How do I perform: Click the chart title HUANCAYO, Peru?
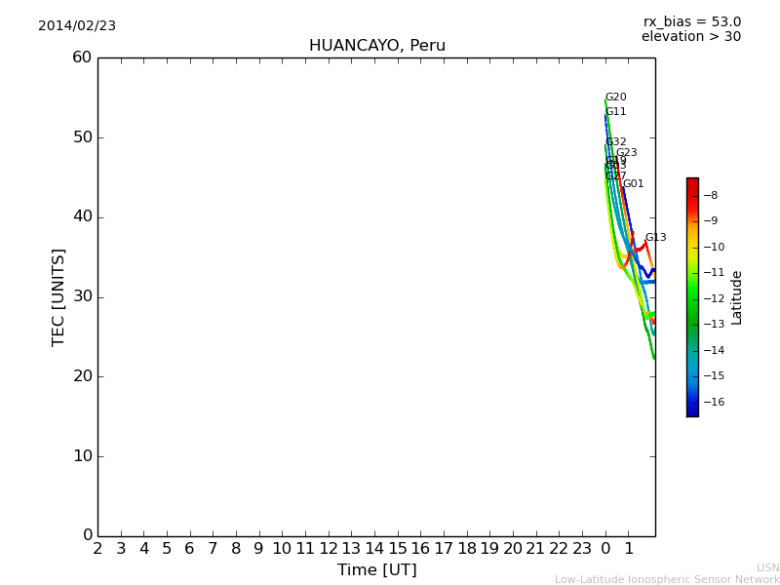pyautogui.click(x=376, y=46)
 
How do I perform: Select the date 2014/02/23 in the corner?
pyautogui.click(x=77, y=26)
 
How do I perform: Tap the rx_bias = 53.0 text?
pyautogui.click(x=691, y=21)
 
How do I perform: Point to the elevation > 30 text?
pyautogui.click(x=690, y=37)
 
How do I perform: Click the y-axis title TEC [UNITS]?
pyautogui.click(x=58, y=296)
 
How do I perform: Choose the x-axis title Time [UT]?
pyautogui.click(x=376, y=570)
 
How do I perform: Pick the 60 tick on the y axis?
pyautogui.click(x=82, y=58)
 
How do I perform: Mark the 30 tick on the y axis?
pyautogui.click(x=82, y=296)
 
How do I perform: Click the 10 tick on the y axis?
pyautogui.click(x=82, y=456)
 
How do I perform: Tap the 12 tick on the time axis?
pyautogui.click(x=328, y=549)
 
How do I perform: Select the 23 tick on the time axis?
pyautogui.click(x=582, y=549)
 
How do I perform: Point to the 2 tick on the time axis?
pyautogui.click(x=97, y=549)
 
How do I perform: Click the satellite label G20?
pyautogui.click(x=615, y=97)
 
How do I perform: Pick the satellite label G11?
pyautogui.click(x=615, y=112)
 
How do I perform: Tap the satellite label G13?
pyautogui.click(x=655, y=238)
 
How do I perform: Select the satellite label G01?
pyautogui.click(x=633, y=184)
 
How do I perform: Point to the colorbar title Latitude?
pyautogui.click(x=737, y=296)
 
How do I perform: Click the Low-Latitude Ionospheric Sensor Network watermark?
pyautogui.click(x=667, y=580)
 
